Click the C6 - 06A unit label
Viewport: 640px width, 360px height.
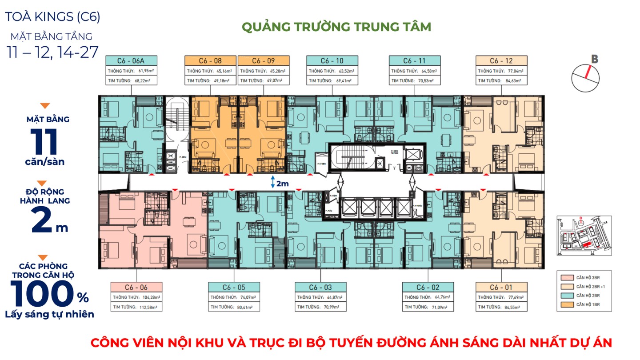[131, 61]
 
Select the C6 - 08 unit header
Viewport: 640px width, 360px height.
[210, 61]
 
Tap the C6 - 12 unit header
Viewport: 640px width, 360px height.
[501, 61]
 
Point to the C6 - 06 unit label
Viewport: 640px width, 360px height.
[136, 287]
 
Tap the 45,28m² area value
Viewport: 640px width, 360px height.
[276, 71]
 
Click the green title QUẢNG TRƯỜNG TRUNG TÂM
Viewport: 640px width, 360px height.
[336, 27]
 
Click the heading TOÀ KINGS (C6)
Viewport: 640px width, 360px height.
[52, 17]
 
